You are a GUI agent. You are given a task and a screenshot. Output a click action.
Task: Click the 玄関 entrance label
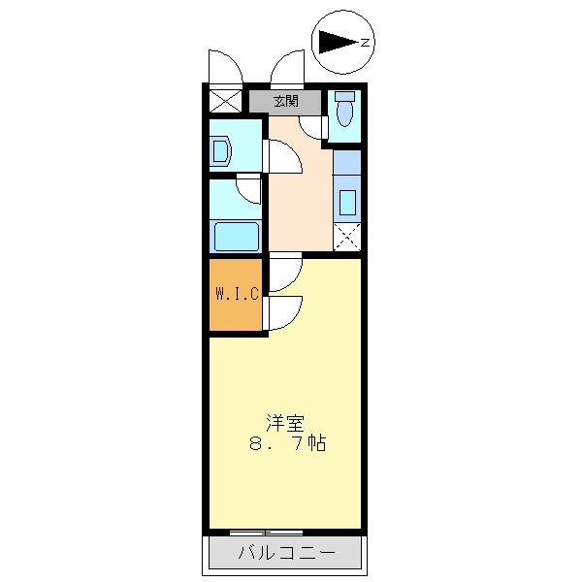pos(284,100)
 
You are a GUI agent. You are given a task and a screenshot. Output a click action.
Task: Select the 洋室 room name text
pos(285,423)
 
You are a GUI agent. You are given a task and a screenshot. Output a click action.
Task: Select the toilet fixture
pos(343,113)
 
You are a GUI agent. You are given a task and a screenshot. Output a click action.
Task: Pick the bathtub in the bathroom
pos(236,236)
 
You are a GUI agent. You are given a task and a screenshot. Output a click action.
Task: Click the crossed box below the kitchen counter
pos(346,236)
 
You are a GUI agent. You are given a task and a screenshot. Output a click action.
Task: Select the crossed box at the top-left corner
pos(223,100)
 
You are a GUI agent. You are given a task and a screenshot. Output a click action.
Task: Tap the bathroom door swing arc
pos(249,189)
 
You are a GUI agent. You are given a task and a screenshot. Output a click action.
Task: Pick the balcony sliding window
pos(267,533)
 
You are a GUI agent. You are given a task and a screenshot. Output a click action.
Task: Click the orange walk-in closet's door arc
pos(284,312)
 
